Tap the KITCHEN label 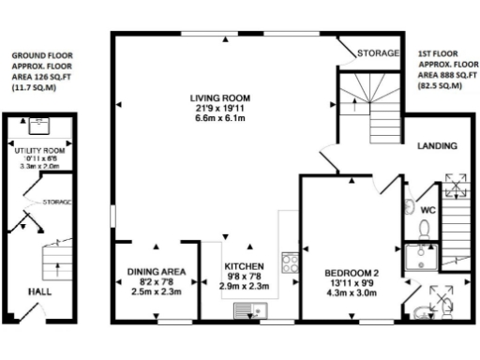245,265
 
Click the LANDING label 437,147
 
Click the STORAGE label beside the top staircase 380,53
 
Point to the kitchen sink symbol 251,309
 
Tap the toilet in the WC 424,228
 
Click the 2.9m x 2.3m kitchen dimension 245,287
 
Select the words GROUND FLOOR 41,55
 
